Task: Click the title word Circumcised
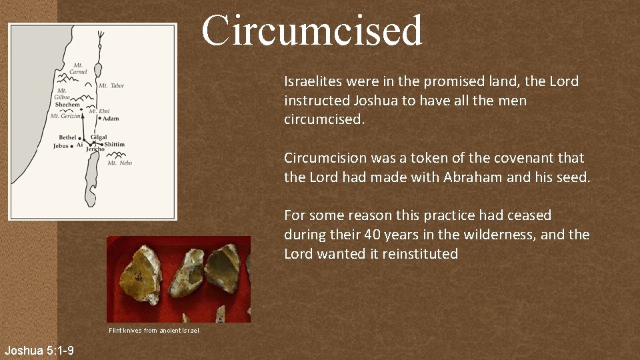point(312,31)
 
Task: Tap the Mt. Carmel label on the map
point(79,68)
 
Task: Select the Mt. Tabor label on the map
point(111,85)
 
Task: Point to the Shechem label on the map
point(67,105)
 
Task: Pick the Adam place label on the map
point(111,119)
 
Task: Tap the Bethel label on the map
point(68,137)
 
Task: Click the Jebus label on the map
point(61,145)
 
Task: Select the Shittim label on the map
point(114,144)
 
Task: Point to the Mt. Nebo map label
point(120,163)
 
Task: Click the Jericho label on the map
point(95,149)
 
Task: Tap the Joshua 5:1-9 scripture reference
point(39,351)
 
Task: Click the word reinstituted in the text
point(419,254)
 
